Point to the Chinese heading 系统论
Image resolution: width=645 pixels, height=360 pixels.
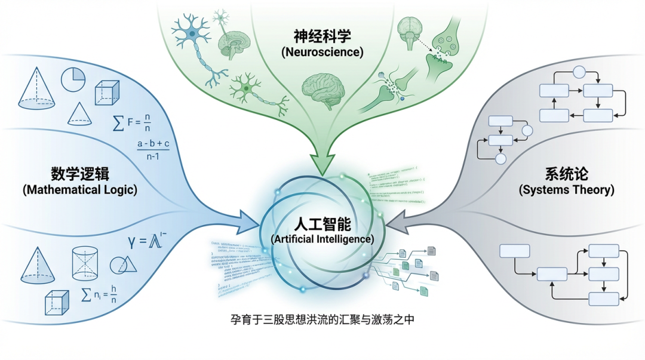[566, 174]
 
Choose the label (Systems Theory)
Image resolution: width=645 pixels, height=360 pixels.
[566, 190]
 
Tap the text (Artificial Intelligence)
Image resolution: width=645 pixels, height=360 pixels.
[322, 239]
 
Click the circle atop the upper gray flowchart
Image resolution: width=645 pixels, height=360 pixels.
[578, 73]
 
